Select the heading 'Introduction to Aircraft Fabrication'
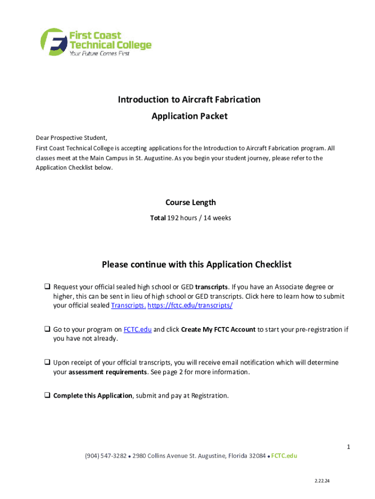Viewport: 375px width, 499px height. (x=189, y=99)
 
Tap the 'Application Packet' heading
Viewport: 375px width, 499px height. (x=189, y=116)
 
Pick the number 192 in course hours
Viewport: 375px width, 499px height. (x=173, y=218)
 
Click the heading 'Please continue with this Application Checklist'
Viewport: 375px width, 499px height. (x=196, y=265)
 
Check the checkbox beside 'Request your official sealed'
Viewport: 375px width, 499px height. (x=48, y=287)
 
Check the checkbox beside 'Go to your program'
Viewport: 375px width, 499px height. (x=48, y=329)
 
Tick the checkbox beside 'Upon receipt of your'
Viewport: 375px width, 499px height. (x=48, y=363)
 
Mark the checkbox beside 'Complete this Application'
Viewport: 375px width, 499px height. (x=48, y=396)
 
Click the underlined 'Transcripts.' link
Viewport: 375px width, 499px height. (x=129, y=306)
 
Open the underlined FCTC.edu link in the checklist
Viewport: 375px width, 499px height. (x=137, y=329)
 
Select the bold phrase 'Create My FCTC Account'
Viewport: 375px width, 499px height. (x=218, y=329)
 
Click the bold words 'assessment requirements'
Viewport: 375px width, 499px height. (x=108, y=372)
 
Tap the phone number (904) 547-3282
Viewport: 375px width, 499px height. (x=106, y=456)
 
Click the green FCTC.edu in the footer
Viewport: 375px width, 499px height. (x=284, y=456)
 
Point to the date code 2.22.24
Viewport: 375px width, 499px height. (x=322, y=481)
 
